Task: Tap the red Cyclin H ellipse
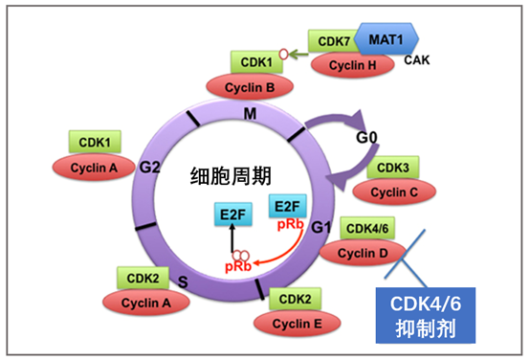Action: (351, 65)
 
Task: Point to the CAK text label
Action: (418, 60)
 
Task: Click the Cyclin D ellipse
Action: (360, 251)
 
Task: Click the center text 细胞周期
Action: (228, 178)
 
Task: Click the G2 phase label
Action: (148, 167)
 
